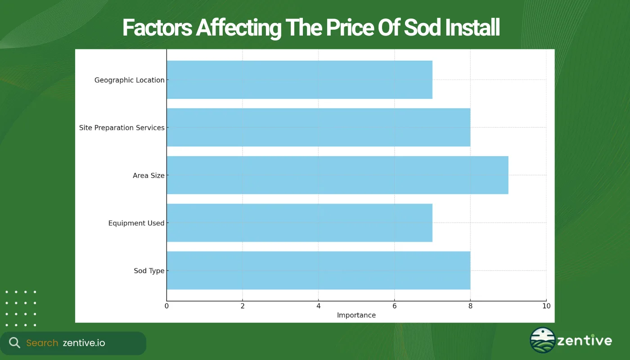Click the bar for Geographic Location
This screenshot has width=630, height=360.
299,80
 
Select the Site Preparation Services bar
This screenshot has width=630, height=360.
318,127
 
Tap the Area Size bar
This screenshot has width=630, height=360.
337,175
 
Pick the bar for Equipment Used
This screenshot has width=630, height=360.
299,223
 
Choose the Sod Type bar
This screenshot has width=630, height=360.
318,270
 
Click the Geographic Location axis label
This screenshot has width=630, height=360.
129,80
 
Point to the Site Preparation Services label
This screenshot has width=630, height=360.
121,128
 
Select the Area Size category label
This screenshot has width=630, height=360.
148,175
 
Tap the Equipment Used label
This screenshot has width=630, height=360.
136,223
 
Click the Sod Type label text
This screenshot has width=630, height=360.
148,271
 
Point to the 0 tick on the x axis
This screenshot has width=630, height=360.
166,306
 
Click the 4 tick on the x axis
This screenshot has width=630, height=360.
318,306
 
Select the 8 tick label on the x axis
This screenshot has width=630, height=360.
470,306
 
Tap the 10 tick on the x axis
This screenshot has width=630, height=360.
546,306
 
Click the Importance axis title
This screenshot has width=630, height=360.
356,315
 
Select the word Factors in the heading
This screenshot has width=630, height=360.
157,28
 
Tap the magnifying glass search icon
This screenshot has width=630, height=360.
14,343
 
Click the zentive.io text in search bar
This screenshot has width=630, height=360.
84,343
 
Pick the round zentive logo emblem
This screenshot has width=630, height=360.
543,340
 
